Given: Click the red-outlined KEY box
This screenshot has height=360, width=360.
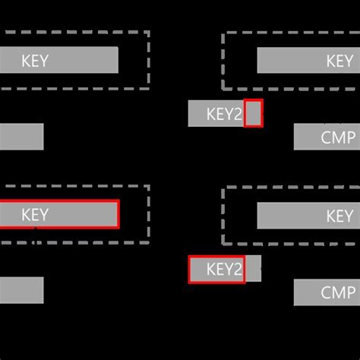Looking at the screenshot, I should pyautogui.click(x=59, y=215).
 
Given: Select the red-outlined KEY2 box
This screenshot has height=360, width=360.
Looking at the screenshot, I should pyautogui.click(x=216, y=269).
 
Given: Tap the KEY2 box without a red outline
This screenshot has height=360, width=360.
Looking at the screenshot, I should pyautogui.click(x=216, y=114).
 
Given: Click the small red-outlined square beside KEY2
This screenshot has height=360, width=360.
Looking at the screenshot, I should pyautogui.click(x=254, y=113).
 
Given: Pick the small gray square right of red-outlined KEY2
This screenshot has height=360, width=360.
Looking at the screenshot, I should pyautogui.click(x=253, y=269).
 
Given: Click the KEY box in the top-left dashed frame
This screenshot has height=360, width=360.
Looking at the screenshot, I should pyautogui.click(x=59, y=61).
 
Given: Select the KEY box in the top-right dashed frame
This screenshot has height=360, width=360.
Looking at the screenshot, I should pyautogui.click(x=308, y=61).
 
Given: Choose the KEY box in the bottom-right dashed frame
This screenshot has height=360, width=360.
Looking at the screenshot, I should pyautogui.click(x=308, y=216).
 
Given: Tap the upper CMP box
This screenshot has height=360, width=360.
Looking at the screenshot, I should pyautogui.click(x=327, y=137).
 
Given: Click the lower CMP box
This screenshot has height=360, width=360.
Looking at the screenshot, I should pyautogui.click(x=327, y=292).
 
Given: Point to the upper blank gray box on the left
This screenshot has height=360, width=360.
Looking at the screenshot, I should pyautogui.click(x=21, y=137).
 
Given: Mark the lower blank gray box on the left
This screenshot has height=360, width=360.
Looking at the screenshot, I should pyautogui.click(x=21, y=290).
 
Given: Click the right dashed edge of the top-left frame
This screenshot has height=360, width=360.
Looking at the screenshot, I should pyautogui.click(x=148, y=61).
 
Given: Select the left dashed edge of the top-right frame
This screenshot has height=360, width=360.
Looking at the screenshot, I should pyautogui.click(x=223, y=61).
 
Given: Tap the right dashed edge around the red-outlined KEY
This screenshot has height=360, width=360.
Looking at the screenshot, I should pyautogui.click(x=148, y=214).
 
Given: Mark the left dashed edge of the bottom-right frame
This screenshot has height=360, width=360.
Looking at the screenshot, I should pyautogui.click(x=223, y=216).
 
